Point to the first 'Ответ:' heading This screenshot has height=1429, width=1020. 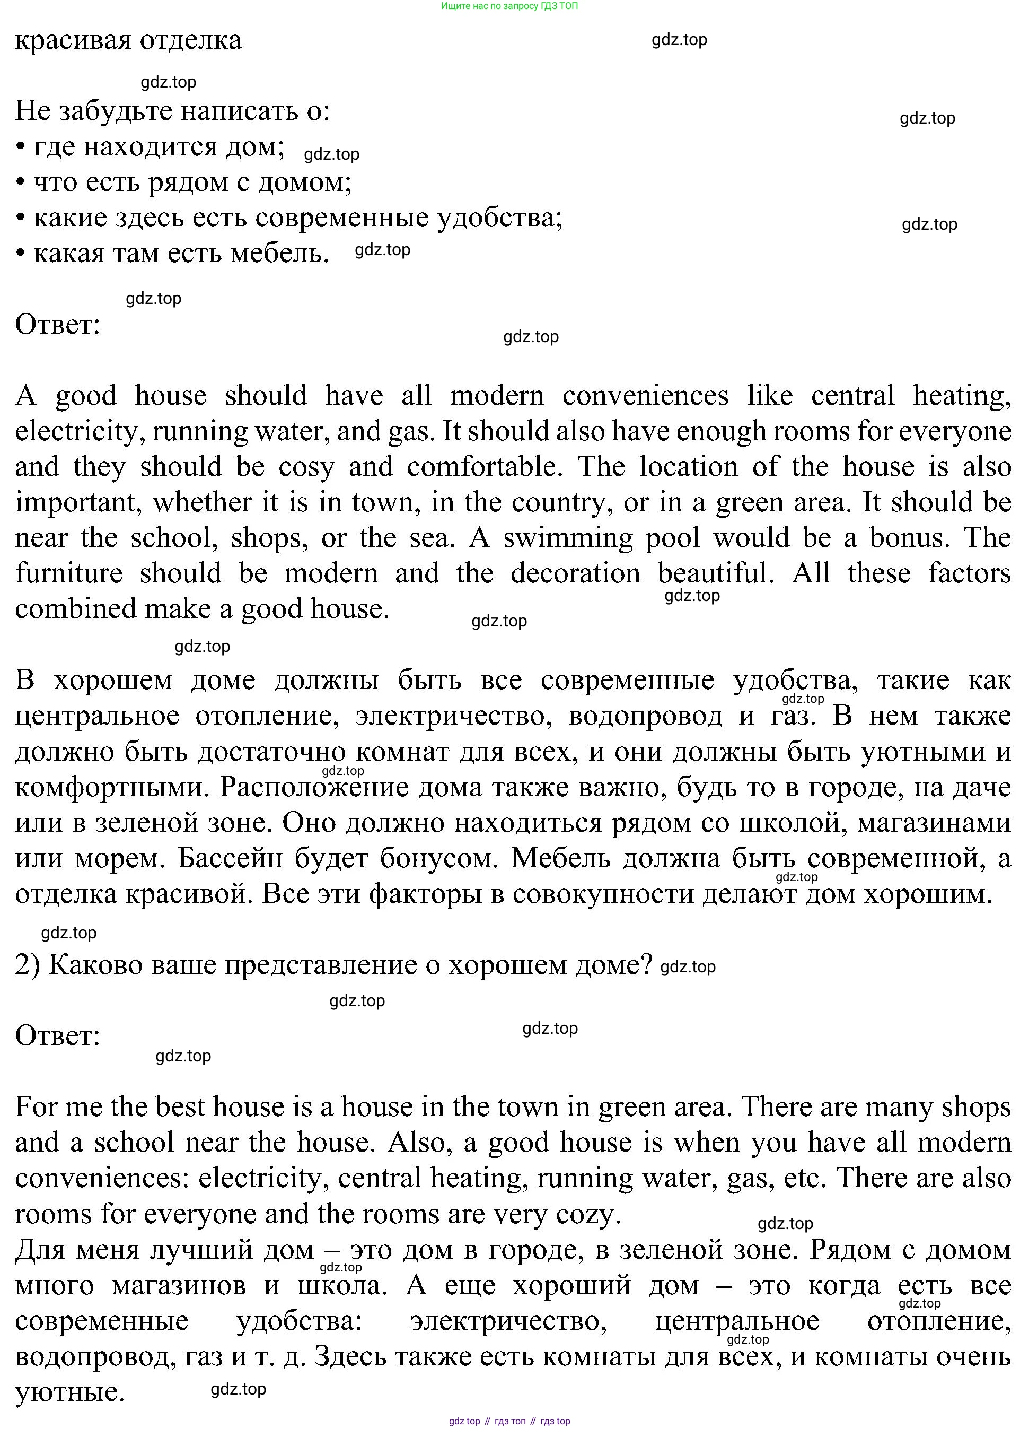coord(58,325)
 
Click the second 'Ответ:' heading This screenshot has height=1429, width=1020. coord(58,1035)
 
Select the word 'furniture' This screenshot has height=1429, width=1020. coord(69,574)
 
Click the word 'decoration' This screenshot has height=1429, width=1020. coord(575,574)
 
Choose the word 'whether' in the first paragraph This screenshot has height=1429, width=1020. coord(195,503)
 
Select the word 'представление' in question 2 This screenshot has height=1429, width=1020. coord(320,965)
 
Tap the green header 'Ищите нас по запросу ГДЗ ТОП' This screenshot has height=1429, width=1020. coord(509,6)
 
